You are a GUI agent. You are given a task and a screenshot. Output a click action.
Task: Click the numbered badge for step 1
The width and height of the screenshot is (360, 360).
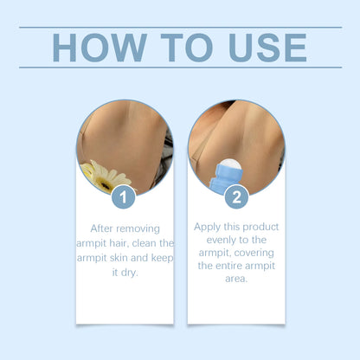124,196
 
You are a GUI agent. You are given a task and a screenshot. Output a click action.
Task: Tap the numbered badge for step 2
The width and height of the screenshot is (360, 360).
235,196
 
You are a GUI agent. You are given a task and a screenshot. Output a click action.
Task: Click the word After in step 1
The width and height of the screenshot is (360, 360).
106,228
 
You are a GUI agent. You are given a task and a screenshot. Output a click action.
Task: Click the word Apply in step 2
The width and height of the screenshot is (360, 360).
208,226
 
